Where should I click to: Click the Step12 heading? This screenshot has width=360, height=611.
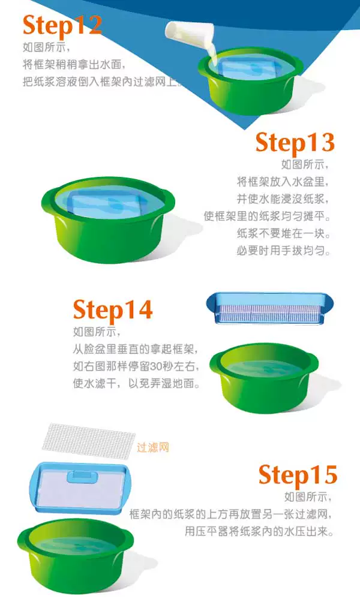pyautogui.click(x=62, y=26)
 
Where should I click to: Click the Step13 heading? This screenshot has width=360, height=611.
pyautogui.click(x=295, y=143)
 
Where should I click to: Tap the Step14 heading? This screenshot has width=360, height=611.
pyautogui.click(x=113, y=310)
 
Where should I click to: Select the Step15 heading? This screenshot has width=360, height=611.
pyautogui.click(x=298, y=475)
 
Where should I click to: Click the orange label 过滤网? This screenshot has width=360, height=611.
pyautogui.click(x=153, y=447)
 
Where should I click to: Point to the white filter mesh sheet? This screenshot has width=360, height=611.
pyautogui.click(x=89, y=441)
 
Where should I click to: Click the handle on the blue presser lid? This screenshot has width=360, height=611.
pyautogui.click(x=82, y=476)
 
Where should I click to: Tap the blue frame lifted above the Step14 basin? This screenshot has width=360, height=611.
pyautogui.click(x=270, y=308)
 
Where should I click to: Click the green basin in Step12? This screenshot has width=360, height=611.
pyautogui.click(x=250, y=81)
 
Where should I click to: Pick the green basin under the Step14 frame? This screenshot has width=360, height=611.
pyautogui.click(x=263, y=377)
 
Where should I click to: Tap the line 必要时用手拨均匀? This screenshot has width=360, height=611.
pyautogui.click(x=284, y=251)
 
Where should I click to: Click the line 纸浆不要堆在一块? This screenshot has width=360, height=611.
pyautogui.click(x=284, y=233)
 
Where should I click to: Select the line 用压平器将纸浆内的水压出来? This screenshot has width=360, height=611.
pyautogui.click(x=259, y=531)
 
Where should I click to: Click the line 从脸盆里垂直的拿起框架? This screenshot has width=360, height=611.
pyautogui.click(x=136, y=349)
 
